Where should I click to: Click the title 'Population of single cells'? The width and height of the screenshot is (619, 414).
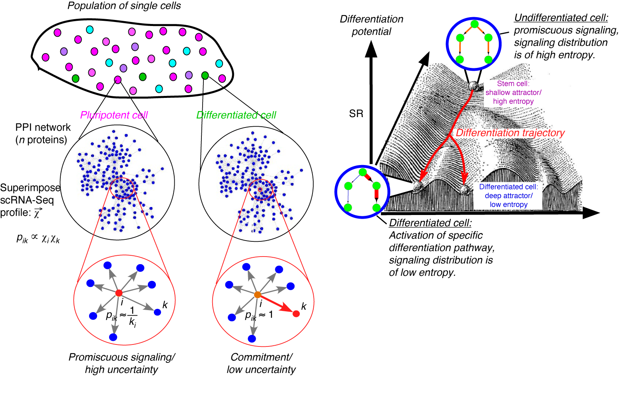(124, 6)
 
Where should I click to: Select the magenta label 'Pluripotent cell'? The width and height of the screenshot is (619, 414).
(114, 115)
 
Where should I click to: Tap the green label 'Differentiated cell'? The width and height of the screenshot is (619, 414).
(236, 115)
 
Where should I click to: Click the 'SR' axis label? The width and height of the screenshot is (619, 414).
(356, 114)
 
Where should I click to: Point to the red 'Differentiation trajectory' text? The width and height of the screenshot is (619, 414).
(510, 133)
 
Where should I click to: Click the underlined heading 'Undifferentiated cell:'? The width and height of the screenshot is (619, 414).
(561, 18)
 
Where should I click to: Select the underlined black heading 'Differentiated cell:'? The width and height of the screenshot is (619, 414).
(430, 223)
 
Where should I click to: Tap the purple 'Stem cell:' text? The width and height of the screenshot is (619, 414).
(513, 84)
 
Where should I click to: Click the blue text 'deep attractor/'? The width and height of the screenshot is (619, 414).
(508, 196)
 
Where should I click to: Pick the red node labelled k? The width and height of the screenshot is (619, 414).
(296, 314)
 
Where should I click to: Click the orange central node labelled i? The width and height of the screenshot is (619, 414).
(258, 295)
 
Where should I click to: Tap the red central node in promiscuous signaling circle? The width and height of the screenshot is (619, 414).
(119, 293)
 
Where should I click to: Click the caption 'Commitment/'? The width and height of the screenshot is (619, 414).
(261, 357)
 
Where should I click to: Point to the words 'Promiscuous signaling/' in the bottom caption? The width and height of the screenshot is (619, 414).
(122, 357)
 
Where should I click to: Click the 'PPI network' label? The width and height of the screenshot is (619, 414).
(43, 127)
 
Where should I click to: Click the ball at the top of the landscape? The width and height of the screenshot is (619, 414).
(474, 86)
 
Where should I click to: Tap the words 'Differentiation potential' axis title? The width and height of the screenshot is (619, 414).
(371, 25)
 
